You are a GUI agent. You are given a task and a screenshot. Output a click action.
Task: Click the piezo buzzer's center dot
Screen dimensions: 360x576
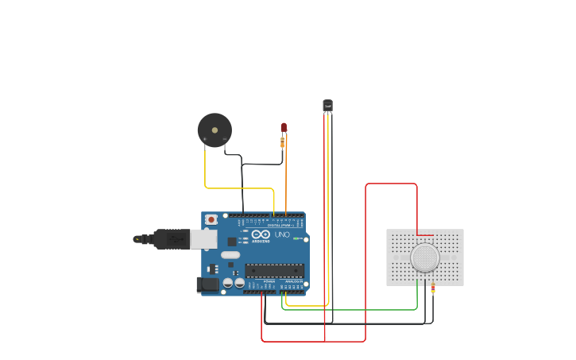215,130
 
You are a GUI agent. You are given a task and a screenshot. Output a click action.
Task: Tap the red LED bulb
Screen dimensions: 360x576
284,127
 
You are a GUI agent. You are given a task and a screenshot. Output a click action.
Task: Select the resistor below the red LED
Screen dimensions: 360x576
282,143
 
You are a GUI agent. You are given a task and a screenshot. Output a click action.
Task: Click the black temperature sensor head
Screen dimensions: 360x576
327,105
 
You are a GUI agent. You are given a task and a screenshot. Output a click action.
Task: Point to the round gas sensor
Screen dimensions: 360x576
425,257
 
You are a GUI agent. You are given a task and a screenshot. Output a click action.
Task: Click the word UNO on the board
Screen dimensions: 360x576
282,235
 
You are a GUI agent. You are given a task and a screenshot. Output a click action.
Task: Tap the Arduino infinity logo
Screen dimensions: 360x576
261,234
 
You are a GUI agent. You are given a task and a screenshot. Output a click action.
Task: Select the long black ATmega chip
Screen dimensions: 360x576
274,270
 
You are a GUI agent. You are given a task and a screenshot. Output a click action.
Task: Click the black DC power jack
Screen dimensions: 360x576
207,284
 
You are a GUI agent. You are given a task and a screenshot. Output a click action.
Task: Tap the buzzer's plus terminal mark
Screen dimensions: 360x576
205,140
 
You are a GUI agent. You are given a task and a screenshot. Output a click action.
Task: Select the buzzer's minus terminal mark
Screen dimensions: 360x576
225,140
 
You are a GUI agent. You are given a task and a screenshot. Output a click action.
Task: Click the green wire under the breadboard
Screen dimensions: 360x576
350,310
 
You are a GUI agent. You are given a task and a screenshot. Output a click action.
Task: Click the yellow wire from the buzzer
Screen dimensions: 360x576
238,188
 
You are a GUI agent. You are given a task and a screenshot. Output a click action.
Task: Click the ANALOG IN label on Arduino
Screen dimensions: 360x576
293,281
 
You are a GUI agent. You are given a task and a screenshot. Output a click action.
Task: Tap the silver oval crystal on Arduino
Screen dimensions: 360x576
230,255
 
